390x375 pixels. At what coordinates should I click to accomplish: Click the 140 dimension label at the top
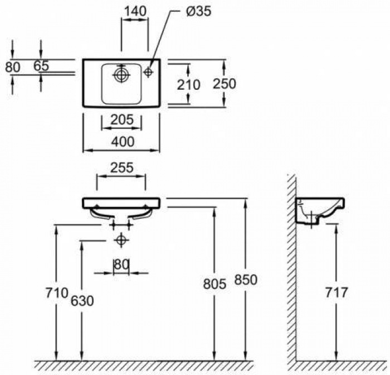135,11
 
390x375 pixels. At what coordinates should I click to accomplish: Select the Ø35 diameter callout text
198,11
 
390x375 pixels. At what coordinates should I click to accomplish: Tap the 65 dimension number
41,66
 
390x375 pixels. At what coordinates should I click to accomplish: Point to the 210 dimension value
188,85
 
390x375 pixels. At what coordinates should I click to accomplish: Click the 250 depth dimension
224,84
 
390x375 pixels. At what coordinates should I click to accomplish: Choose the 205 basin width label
122,119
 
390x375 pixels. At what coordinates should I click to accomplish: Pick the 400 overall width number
123,142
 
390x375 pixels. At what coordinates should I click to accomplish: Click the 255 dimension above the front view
122,168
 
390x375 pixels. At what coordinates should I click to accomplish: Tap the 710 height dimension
57,292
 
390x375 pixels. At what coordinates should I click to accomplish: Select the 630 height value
82,301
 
